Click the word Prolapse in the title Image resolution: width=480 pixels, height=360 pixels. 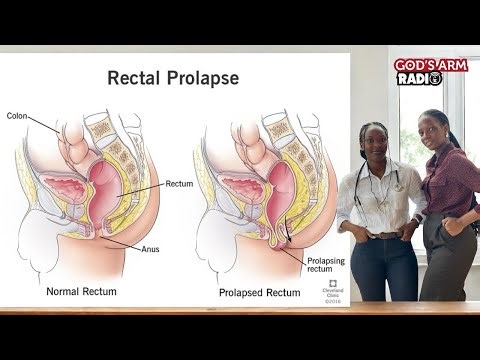204,76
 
